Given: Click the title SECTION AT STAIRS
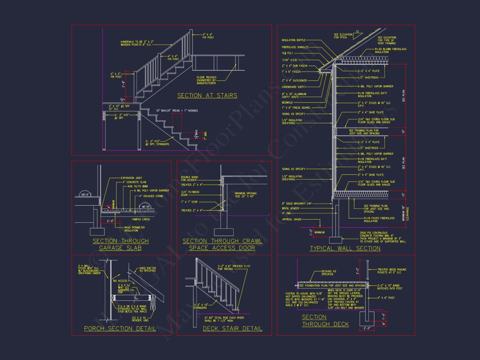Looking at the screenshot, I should [207, 96].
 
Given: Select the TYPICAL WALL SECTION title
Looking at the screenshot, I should [345, 248].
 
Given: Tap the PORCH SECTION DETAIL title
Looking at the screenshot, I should [120, 329].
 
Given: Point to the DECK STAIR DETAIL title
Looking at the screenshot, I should [232, 329].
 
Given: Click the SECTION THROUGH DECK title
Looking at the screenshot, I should [325, 320].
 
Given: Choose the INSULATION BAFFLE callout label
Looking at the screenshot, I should [293, 40].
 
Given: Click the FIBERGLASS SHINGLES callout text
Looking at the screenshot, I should [295, 47].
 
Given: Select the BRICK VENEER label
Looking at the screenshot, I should [291, 208].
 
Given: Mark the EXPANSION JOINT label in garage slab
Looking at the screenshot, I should [131, 178].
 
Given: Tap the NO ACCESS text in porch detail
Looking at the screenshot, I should [120, 281].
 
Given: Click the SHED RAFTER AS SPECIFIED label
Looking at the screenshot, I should [147, 270].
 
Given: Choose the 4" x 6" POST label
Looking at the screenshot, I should [386, 298].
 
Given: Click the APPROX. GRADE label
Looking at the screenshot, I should [292, 220].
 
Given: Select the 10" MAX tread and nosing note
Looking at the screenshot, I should [177, 110].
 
